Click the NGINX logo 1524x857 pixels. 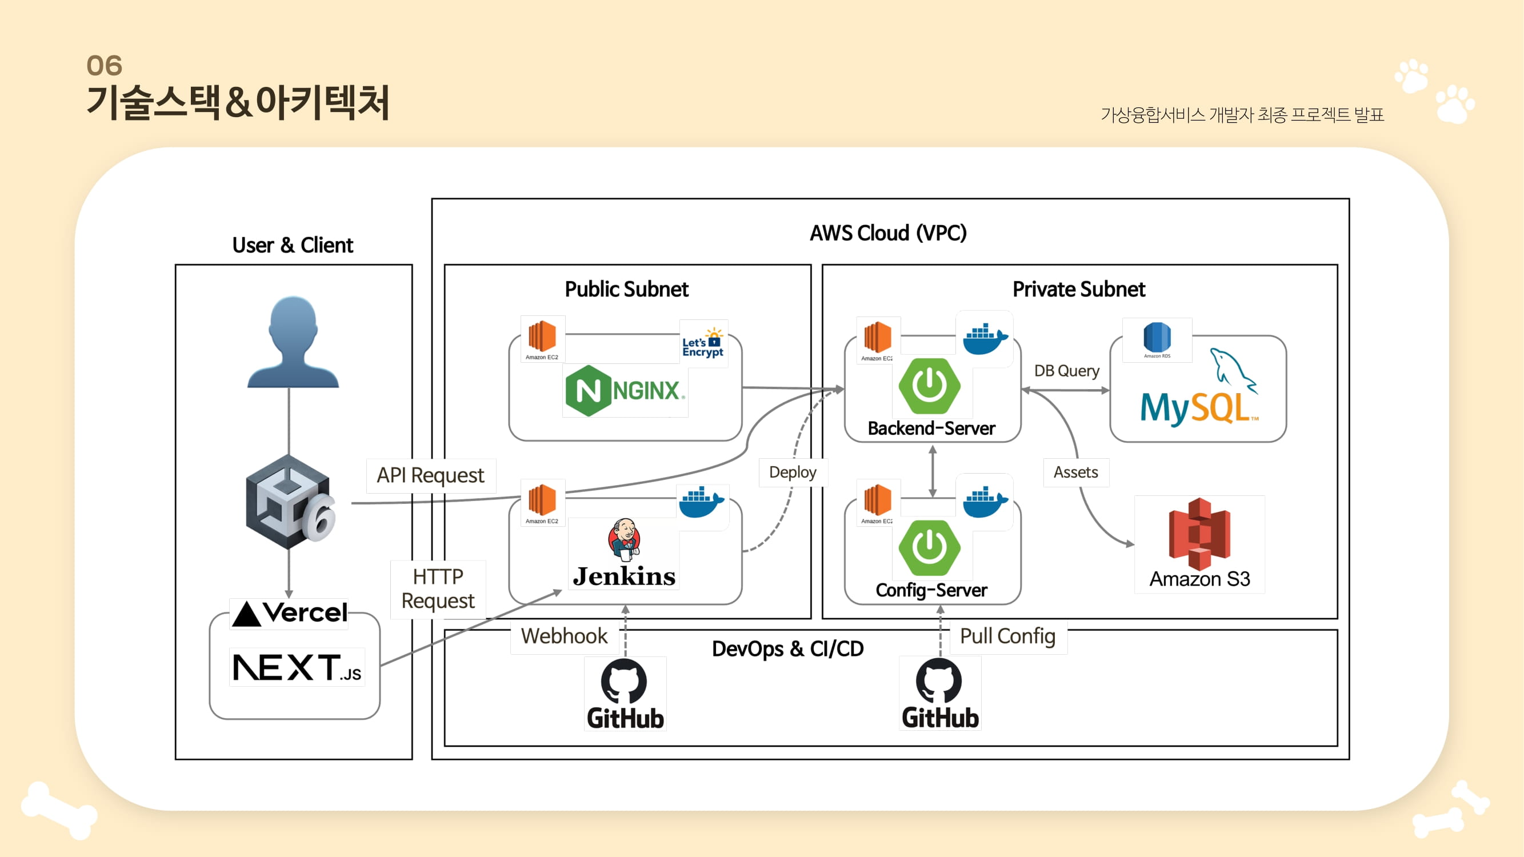(x=625, y=390)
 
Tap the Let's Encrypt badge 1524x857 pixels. (x=703, y=343)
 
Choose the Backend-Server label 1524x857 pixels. (x=931, y=428)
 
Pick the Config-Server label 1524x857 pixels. (x=931, y=590)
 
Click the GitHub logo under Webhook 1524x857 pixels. (x=625, y=694)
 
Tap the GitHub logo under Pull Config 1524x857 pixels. (x=939, y=694)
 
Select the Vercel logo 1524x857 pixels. (x=289, y=613)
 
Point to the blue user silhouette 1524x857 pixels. (x=293, y=342)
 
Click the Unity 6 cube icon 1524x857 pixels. (x=289, y=502)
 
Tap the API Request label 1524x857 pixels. (x=430, y=475)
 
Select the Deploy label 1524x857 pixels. (x=792, y=472)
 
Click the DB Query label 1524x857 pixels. (x=1066, y=371)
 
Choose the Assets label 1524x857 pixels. (x=1075, y=472)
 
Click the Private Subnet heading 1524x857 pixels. (x=1078, y=289)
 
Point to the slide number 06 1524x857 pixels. (x=104, y=66)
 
